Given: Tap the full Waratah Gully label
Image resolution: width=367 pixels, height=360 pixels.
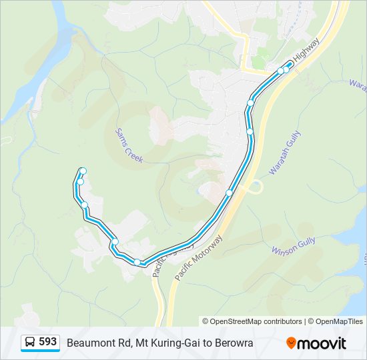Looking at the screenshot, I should tap(285, 153).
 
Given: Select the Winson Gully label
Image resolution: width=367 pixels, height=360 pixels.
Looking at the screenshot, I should tap(294, 250).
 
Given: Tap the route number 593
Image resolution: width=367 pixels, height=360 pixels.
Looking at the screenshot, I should tap(47, 342).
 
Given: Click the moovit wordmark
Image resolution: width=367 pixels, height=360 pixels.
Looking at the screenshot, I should tap(322, 343).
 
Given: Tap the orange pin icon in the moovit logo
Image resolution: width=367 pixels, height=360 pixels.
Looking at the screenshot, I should tap(291, 343).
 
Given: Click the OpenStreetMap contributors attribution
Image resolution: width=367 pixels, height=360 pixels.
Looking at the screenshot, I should tap(252, 321).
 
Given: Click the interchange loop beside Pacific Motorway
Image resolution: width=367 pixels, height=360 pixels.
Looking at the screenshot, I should tap(256, 187).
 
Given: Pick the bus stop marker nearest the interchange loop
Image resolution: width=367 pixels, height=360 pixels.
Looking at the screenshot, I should tap(230, 193).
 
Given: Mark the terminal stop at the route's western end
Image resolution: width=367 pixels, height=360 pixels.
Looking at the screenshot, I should tap(83, 171).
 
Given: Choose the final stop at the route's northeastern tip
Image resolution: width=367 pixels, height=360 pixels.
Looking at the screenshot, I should tap(289, 65).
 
